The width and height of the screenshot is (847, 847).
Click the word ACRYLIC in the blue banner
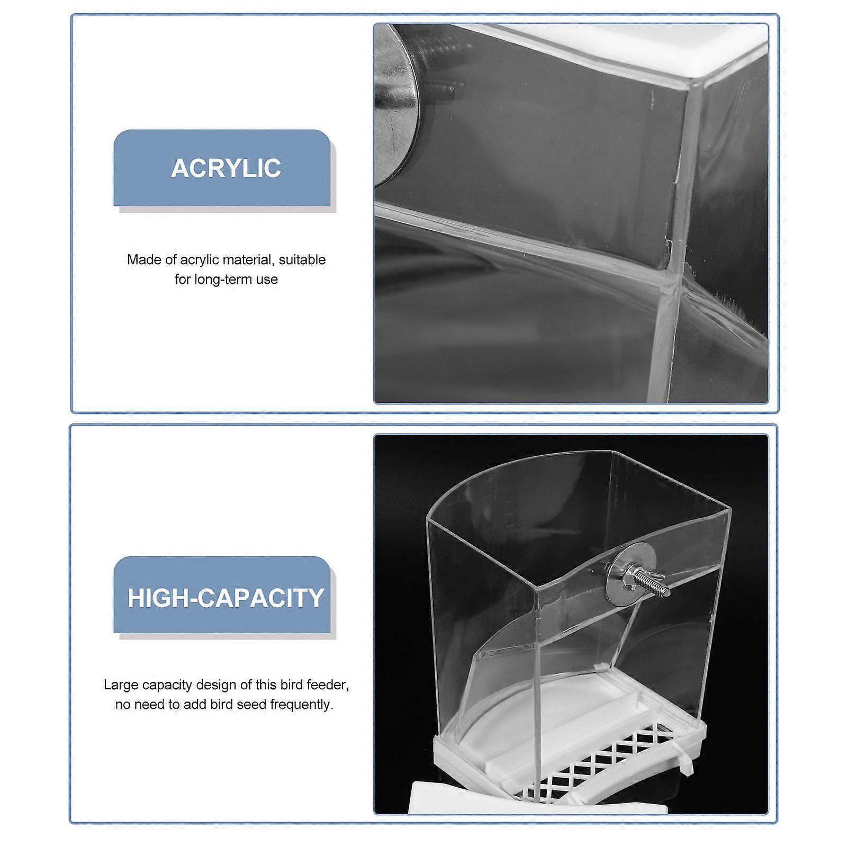[226, 168]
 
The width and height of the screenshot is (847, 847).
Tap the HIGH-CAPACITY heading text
[226, 597]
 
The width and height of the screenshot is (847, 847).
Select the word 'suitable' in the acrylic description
[302, 260]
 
